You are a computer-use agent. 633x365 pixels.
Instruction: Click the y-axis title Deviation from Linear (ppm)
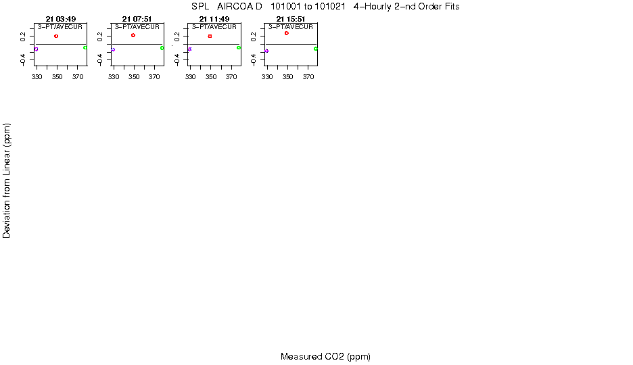click(x=7, y=180)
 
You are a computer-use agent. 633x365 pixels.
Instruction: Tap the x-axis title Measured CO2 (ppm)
click(x=325, y=357)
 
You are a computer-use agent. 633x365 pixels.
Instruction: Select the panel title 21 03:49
click(x=61, y=18)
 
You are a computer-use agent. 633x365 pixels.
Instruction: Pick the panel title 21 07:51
click(x=137, y=18)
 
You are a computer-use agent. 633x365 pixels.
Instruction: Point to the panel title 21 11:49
click(x=214, y=18)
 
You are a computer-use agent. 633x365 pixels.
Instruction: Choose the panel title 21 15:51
click(x=291, y=18)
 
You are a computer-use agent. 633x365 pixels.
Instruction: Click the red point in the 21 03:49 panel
click(x=56, y=36)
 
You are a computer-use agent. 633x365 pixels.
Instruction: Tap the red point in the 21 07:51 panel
click(x=133, y=35)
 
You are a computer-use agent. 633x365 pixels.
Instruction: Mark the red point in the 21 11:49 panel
click(x=210, y=36)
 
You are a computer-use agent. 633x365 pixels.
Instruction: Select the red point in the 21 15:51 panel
click(x=287, y=33)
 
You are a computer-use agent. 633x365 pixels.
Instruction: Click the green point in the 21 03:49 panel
click(x=85, y=47)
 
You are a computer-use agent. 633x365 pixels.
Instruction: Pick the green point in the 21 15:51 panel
click(x=316, y=49)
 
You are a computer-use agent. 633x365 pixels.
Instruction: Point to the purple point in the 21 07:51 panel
click(x=113, y=49)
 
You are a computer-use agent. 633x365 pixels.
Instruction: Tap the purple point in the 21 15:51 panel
click(x=267, y=51)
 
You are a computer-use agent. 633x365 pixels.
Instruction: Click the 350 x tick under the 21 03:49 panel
click(x=57, y=77)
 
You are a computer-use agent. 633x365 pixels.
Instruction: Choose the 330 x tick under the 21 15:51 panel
click(x=267, y=77)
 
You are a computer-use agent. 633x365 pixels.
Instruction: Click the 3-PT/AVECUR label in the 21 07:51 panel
click(x=137, y=27)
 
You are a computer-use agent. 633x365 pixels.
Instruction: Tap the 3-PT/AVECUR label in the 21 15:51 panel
click(x=291, y=27)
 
